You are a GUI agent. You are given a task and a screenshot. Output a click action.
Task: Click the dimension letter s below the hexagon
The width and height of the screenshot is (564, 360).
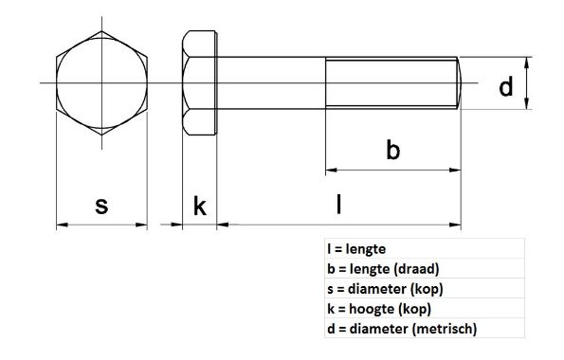click(x=102, y=206)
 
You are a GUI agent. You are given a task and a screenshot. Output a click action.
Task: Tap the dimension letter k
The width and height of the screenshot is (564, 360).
click(x=200, y=206)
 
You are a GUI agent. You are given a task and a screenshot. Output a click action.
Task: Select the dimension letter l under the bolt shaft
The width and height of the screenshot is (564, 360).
click(x=338, y=204)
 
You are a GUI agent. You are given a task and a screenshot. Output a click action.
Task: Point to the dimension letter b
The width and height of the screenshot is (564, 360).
click(x=392, y=150)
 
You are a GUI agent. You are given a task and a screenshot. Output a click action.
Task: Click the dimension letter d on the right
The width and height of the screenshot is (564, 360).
click(x=505, y=88)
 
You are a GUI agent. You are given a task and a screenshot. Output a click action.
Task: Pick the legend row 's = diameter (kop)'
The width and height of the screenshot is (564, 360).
click(x=384, y=289)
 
